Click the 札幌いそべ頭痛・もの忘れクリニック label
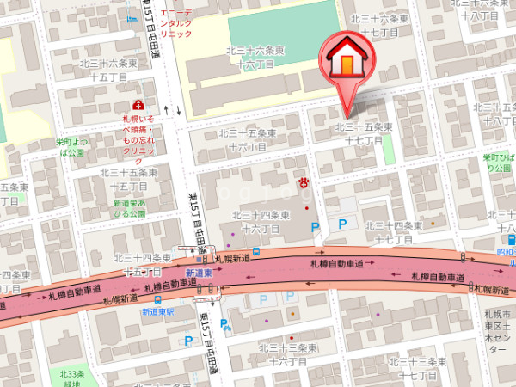[138, 133]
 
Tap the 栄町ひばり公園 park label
[496, 163]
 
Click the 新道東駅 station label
[158, 311]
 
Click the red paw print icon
[304, 181]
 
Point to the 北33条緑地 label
[73, 378]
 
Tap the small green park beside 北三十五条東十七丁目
[388, 148]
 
